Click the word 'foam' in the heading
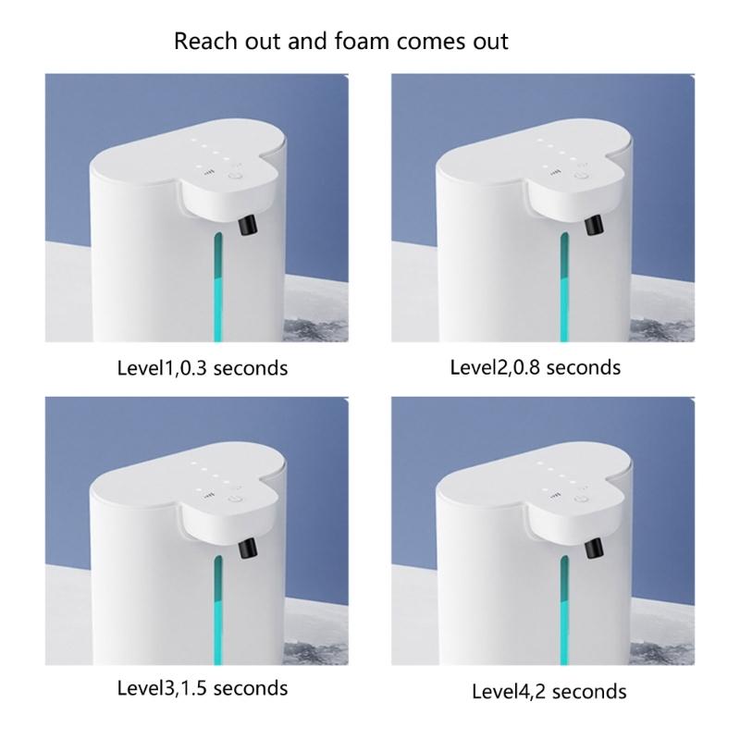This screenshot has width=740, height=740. pyautogui.click(x=362, y=41)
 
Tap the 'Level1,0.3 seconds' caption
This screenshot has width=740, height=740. pyautogui.click(x=203, y=368)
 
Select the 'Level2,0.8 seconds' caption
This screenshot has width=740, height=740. pyautogui.click(x=536, y=367)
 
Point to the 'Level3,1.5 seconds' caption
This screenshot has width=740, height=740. pyautogui.click(x=203, y=688)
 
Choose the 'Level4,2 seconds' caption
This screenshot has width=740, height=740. pyautogui.click(x=549, y=691)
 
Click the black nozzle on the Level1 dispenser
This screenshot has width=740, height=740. pyautogui.click(x=247, y=225)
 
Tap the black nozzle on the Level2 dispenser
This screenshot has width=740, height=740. pyautogui.click(x=594, y=225)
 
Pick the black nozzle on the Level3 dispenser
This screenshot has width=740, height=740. pyautogui.click(x=247, y=548)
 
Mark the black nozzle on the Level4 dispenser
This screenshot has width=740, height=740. pyautogui.click(x=594, y=548)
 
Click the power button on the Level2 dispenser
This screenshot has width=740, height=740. pyautogui.click(x=581, y=176)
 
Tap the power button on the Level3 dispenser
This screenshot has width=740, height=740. pyautogui.click(x=235, y=499)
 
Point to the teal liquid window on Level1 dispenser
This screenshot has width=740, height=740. pyautogui.click(x=217, y=287)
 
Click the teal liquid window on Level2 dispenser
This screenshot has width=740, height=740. pyautogui.click(x=564, y=287)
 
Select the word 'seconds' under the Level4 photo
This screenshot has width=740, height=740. pyautogui.click(x=589, y=692)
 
